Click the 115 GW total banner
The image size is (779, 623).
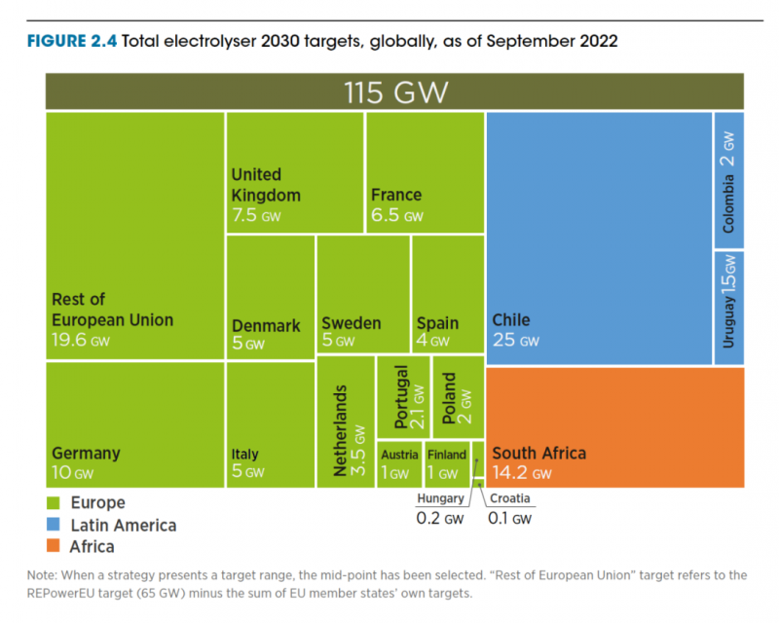395,92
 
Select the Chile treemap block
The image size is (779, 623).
598,238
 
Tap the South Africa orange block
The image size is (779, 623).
614,426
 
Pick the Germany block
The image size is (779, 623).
134,424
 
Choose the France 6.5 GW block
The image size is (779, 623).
425,172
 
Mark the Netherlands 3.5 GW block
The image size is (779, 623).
345,421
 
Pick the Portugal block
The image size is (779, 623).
403,396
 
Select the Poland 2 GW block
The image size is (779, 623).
457,396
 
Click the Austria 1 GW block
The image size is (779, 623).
399,464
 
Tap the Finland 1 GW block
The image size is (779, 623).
447,464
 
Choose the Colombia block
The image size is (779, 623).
728,180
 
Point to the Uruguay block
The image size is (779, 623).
728,307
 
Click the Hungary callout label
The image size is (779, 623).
440,499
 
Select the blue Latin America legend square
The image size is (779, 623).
54,525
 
